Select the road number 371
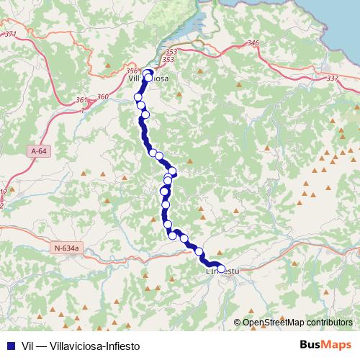(10, 34)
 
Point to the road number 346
(252, 44)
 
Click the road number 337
(332, 78)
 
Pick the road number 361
(81, 100)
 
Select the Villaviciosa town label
(148, 80)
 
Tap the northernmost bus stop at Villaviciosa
(148, 73)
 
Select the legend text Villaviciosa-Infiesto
(98, 346)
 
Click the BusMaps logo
(324, 345)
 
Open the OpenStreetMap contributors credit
(297, 323)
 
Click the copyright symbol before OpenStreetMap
(237, 323)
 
